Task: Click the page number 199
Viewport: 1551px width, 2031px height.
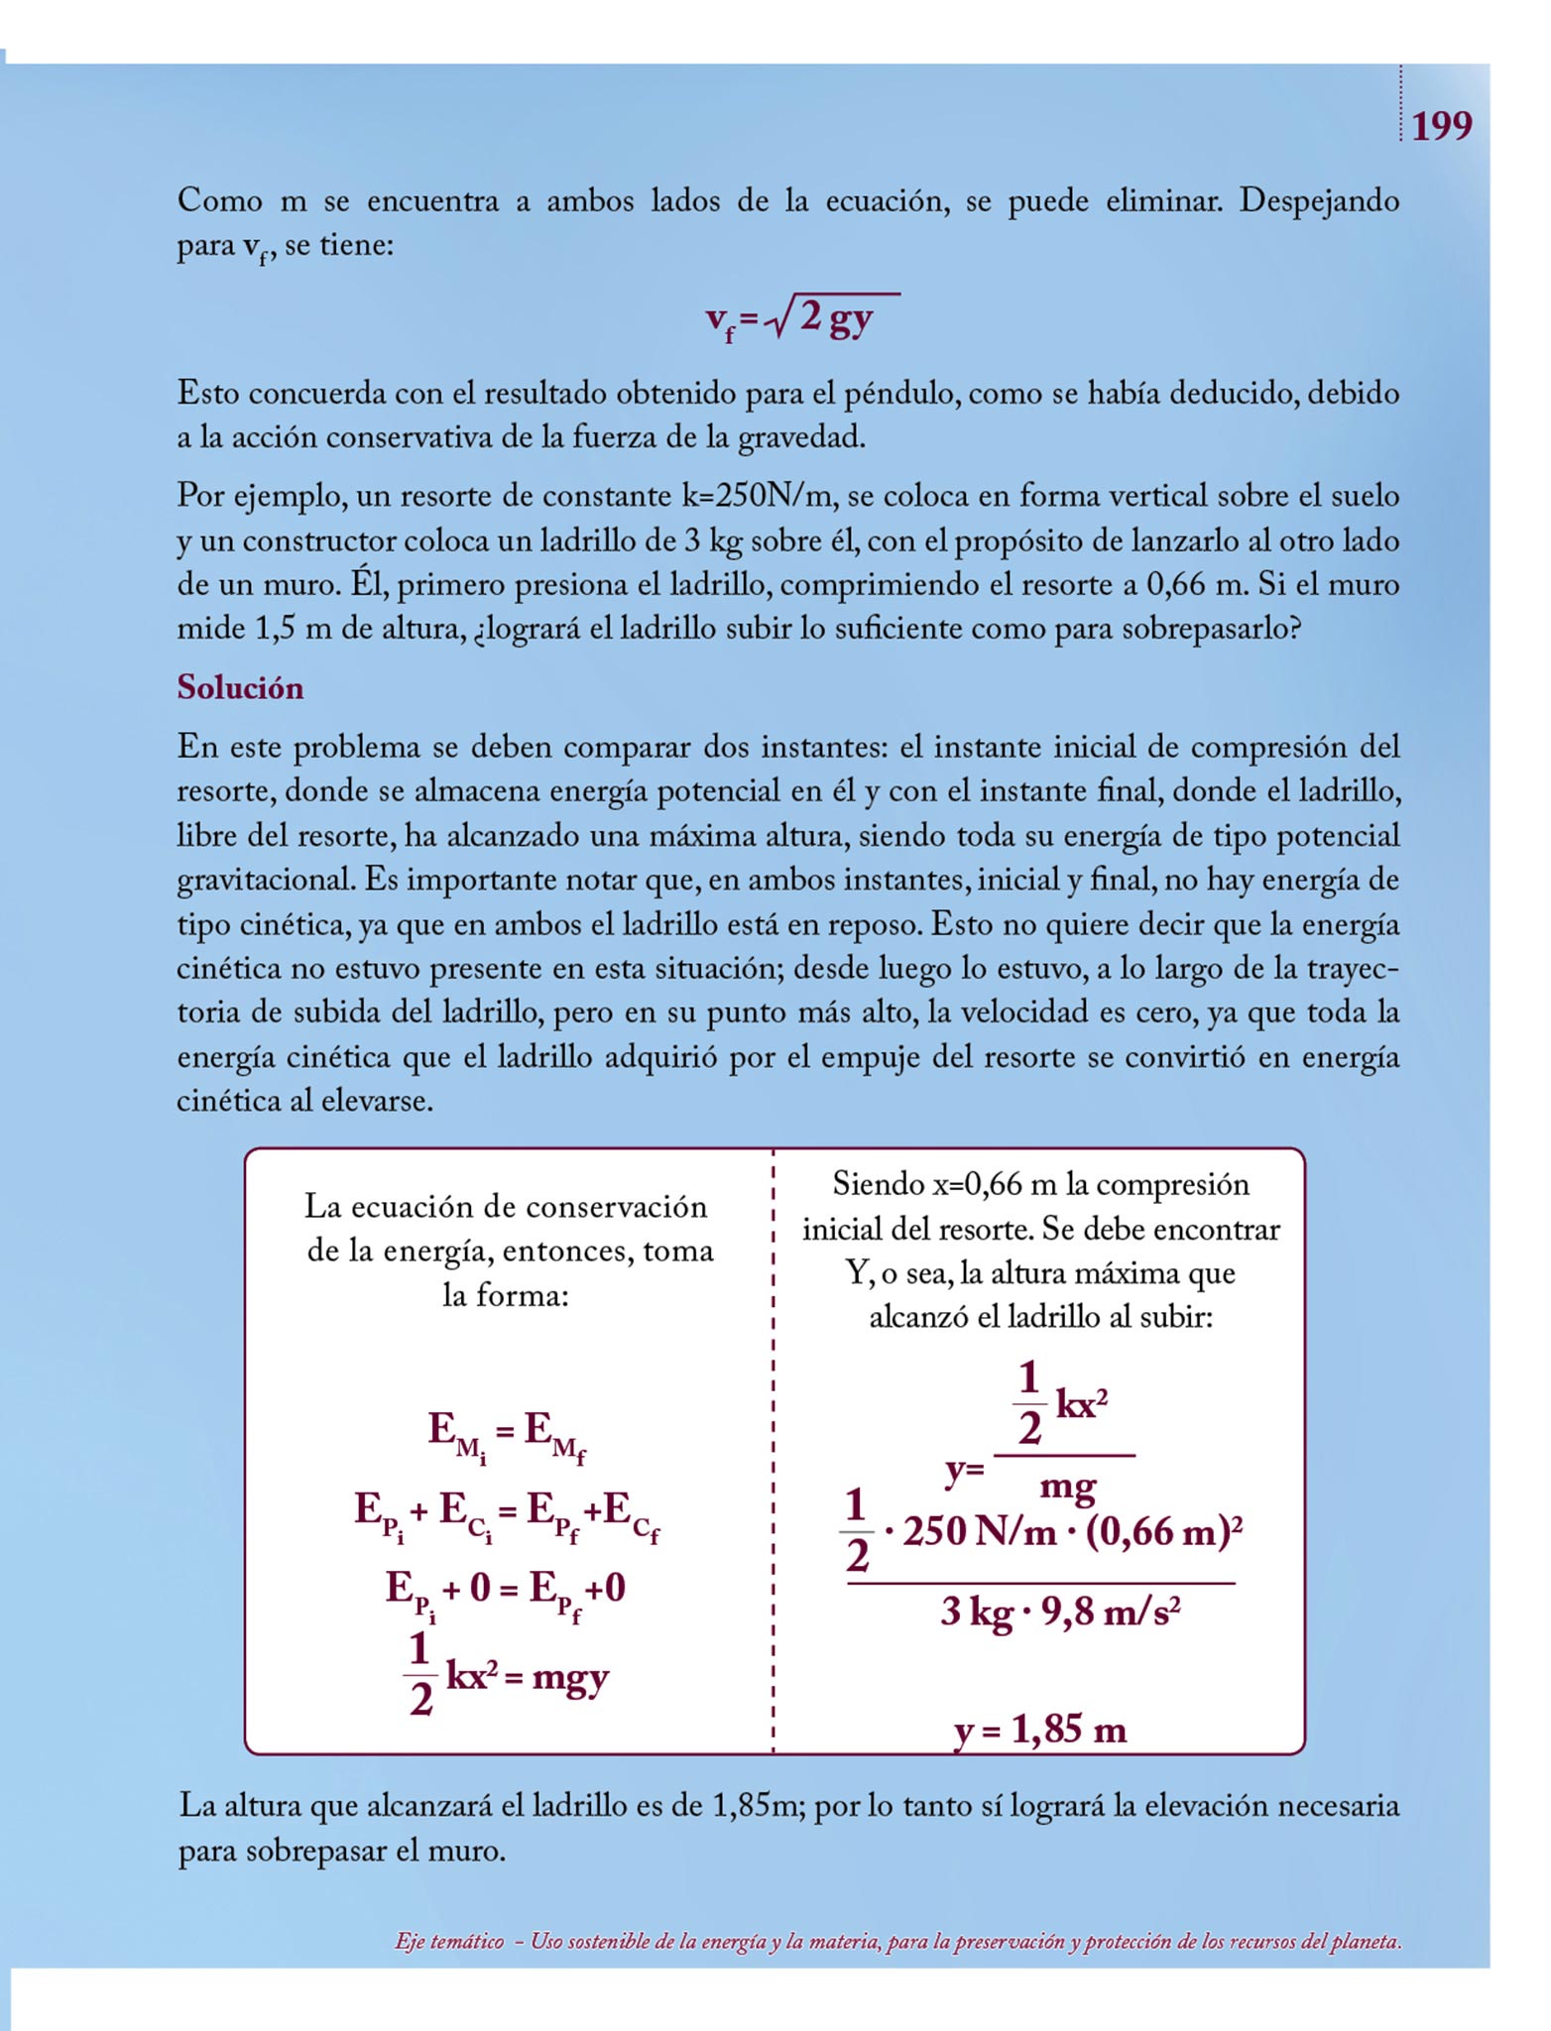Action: [x=1441, y=127]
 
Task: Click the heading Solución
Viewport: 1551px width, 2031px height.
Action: [x=240, y=687]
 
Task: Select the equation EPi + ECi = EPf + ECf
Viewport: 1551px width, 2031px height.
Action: [x=507, y=1515]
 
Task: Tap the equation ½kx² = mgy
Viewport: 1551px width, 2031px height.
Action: [x=507, y=1677]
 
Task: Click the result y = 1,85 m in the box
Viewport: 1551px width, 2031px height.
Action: [x=1040, y=1730]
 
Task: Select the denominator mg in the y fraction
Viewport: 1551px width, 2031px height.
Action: [x=1067, y=1487]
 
